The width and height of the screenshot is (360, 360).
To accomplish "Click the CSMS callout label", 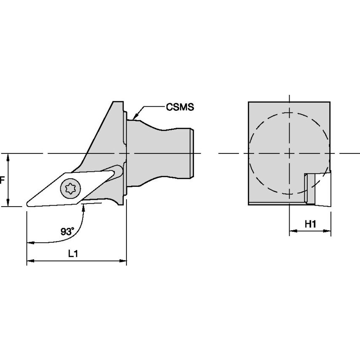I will point(179,107).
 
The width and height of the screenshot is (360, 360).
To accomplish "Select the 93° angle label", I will point(67,231).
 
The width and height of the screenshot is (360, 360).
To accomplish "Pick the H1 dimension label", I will point(310,224).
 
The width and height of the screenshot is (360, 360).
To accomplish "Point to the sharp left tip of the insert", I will point(28,204).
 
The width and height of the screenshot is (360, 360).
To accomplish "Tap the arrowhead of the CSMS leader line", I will point(134,117).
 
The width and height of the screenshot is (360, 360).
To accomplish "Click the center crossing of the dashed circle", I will point(290,153).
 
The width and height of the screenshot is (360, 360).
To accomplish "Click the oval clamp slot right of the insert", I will point(118,172).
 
